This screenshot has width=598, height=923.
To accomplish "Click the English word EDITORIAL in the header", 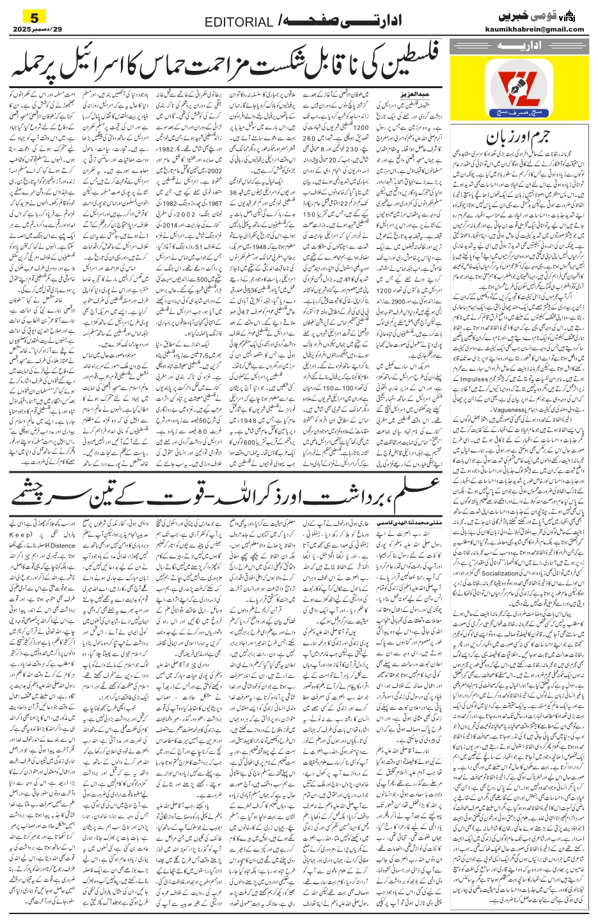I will (x=239, y=23).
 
